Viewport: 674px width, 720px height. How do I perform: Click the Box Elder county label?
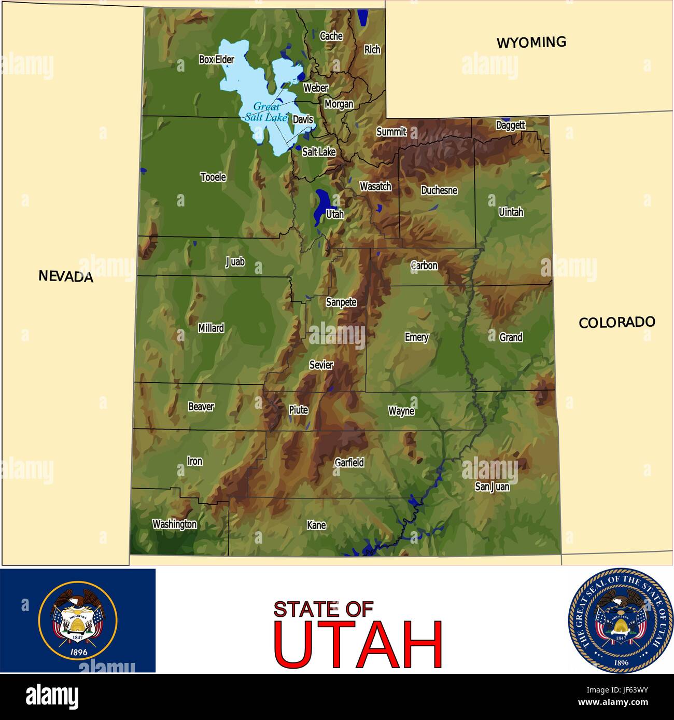point(216,60)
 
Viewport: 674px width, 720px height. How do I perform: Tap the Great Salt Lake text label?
point(266,112)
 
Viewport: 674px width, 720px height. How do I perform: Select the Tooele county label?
point(213,177)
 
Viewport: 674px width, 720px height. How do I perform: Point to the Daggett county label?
point(510,125)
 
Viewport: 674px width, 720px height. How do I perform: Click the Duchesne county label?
point(439,190)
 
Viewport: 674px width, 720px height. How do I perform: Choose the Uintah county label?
point(511,212)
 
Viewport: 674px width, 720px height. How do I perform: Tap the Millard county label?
point(211,328)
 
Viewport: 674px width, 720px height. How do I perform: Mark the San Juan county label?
point(492,487)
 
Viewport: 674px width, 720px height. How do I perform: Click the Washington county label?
point(174,524)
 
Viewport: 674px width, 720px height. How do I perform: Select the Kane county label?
point(316,525)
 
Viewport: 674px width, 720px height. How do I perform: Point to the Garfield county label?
point(349,462)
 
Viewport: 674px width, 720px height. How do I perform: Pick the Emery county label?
point(416,337)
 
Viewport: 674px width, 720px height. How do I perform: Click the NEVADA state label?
point(66,276)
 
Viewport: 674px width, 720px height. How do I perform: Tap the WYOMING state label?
point(531,43)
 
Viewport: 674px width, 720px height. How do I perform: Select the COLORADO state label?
point(616,322)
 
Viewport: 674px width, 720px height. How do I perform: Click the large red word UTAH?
point(358,644)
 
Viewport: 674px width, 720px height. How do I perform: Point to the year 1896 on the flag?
point(77,653)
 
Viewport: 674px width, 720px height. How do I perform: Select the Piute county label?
point(298,410)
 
